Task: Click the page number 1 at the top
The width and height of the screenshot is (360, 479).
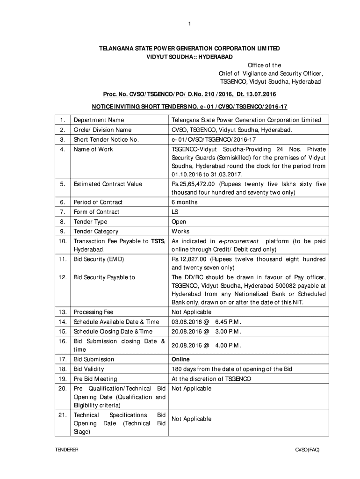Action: pyautogui.click(x=183, y=24)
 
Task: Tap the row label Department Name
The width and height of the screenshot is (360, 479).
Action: pyautogui.click(x=99, y=120)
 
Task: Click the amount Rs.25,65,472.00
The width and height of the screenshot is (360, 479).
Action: pyautogui.click(x=194, y=184)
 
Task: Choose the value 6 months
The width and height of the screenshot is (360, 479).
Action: pyautogui.click(x=184, y=202)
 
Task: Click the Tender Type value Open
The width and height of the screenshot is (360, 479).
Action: pyautogui.click(x=179, y=222)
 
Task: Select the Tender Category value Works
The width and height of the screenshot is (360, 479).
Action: pyautogui.click(x=180, y=231)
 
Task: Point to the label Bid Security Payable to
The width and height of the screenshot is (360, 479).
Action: pyautogui.click(x=104, y=277)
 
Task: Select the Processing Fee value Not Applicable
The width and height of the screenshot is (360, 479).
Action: pyautogui.click(x=191, y=312)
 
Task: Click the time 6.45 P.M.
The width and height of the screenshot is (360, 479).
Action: pyautogui.click(x=228, y=321)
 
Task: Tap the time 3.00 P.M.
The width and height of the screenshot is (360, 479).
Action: pyautogui.click(x=228, y=331)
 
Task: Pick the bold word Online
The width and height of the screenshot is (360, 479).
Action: pyautogui.click(x=180, y=359)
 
